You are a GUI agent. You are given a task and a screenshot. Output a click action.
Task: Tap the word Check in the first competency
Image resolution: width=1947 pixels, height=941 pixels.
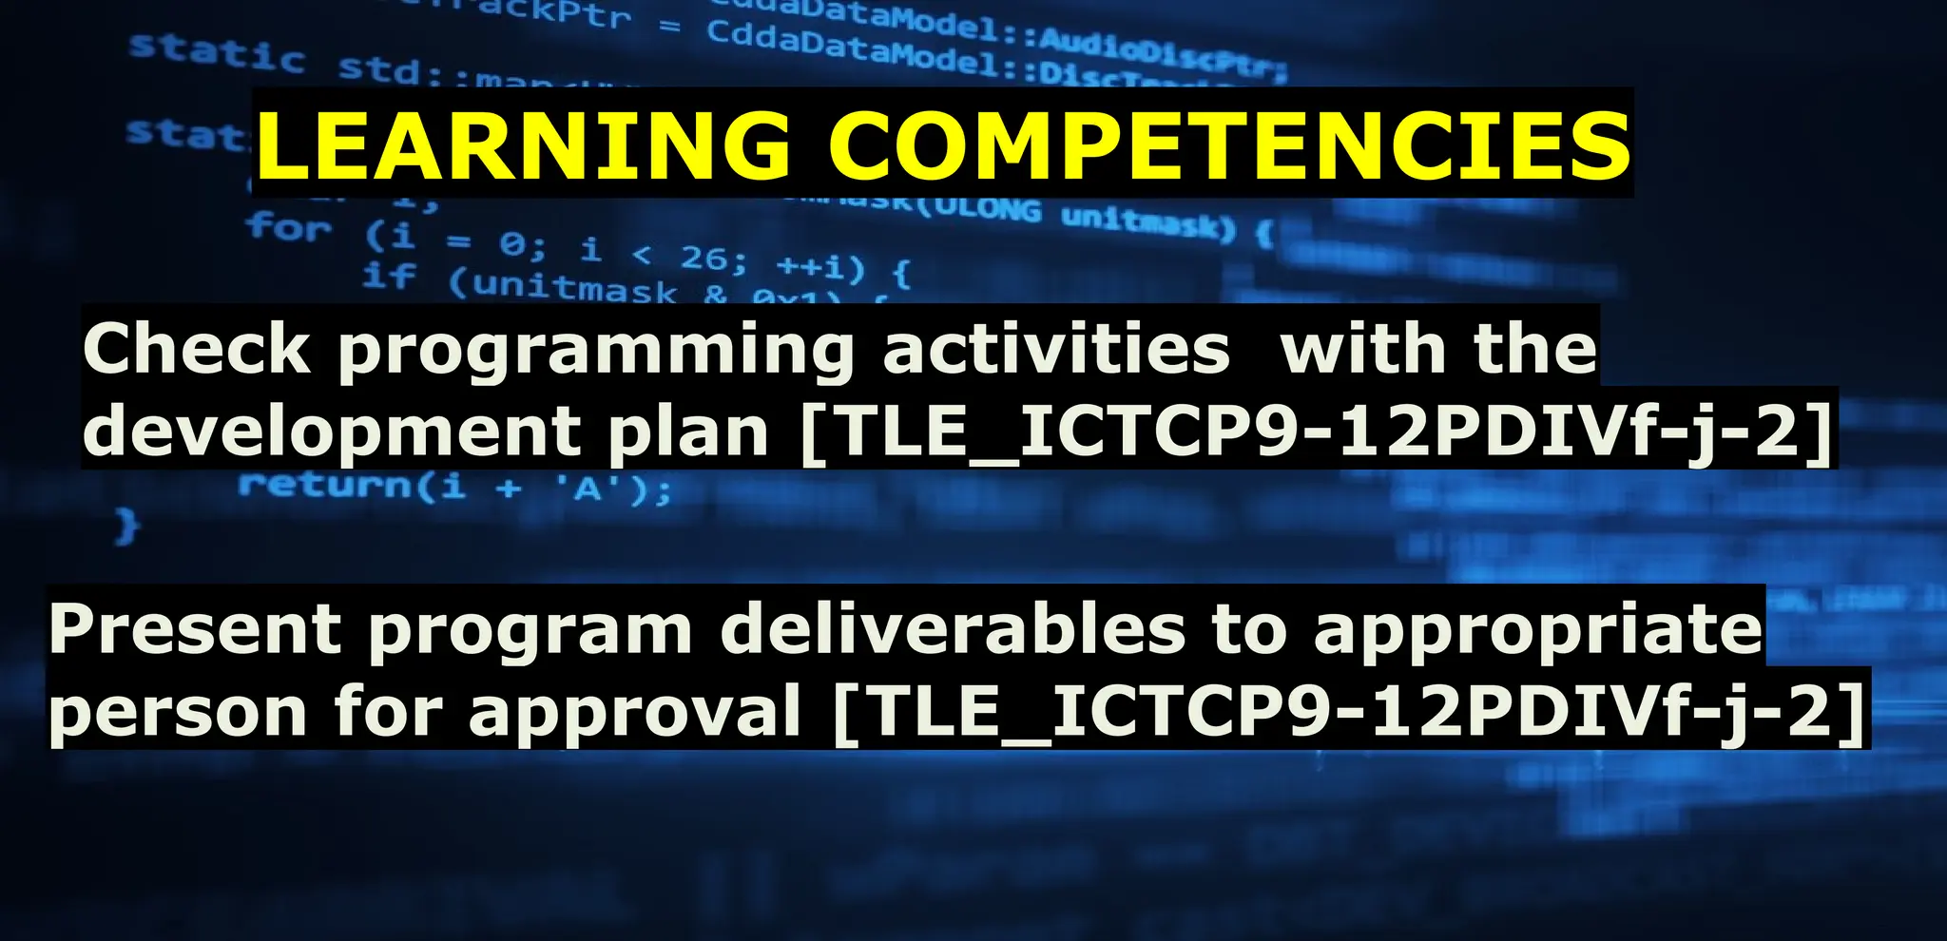[x=196, y=349]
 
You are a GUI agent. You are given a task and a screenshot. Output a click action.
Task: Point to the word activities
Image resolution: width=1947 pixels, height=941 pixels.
[x=1056, y=349]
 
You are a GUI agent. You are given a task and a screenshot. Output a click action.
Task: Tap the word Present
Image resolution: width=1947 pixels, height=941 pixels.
[x=195, y=629]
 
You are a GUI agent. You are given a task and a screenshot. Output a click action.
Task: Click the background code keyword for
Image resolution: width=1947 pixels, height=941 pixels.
[x=288, y=228]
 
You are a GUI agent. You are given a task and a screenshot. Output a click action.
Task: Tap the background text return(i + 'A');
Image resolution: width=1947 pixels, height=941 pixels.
[x=454, y=488]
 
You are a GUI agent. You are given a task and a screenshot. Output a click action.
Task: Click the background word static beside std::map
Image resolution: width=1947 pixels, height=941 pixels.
[x=217, y=52]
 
